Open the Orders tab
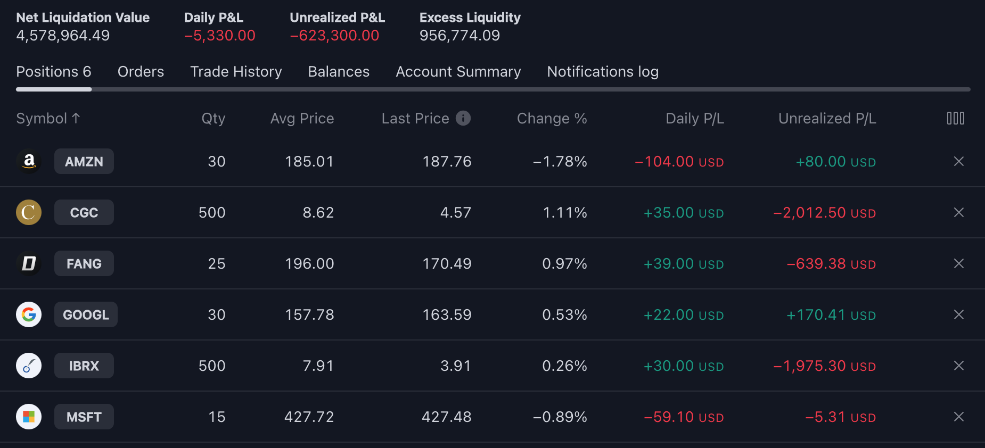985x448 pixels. pyautogui.click(x=141, y=72)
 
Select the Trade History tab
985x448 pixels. pyautogui.click(x=236, y=72)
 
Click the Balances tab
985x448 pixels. pyautogui.click(x=339, y=72)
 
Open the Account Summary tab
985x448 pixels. pyautogui.click(x=458, y=72)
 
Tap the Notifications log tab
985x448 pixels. pyautogui.click(x=603, y=72)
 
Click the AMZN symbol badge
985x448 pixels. pyautogui.click(x=84, y=162)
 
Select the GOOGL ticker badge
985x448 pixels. pyautogui.click(x=86, y=315)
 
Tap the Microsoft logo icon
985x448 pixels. pyautogui.click(x=29, y=417)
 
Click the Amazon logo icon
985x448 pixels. pyautogui.click(x=29, y=161)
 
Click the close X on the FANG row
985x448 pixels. pyautogui.click(x=958, y=263)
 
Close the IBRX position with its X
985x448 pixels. pyautogui.click(x=958, y=366)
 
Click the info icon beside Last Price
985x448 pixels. pyautogui.click(x=463, y=118)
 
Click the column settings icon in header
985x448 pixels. pyautogui.click(x=955, y=118)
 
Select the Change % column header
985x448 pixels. pyautogui.click(x=552, y=118)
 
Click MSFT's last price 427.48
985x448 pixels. pyautogui.click(x=446, y=417)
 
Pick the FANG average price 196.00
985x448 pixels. pyautogui.click(x=309, y=263)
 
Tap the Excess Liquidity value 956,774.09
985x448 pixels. pyautogui.click(x=459, y=36)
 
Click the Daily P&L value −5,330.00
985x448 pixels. pyautogui.click(x=219, y=36)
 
